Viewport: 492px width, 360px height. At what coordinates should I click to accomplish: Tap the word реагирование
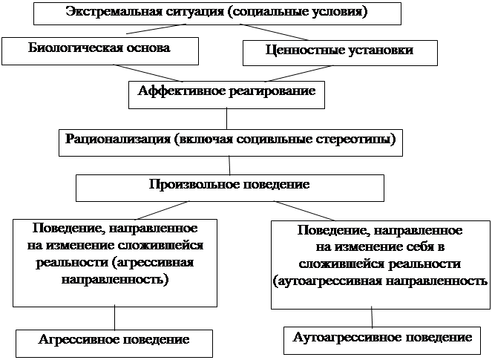(272, 91)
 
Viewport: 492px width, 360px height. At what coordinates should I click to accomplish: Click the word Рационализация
(118, 139)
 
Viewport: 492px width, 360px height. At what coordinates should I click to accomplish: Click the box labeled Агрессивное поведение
(114, 344)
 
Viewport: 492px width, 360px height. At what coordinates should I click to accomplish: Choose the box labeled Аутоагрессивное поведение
(382, 341)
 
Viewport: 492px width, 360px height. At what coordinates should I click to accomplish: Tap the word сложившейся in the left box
(160, 245)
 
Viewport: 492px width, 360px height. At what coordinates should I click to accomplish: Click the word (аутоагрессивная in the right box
(327, 281)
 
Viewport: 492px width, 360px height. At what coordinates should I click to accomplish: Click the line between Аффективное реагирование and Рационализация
(226, 119)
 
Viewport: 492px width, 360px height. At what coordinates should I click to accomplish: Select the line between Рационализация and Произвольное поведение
(229, 166)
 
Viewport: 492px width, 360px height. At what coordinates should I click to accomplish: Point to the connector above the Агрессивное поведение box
(114, 317)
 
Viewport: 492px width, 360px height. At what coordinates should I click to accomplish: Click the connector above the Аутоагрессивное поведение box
(372, 317)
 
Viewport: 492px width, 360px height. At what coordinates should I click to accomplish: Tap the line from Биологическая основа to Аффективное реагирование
(148, 73)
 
